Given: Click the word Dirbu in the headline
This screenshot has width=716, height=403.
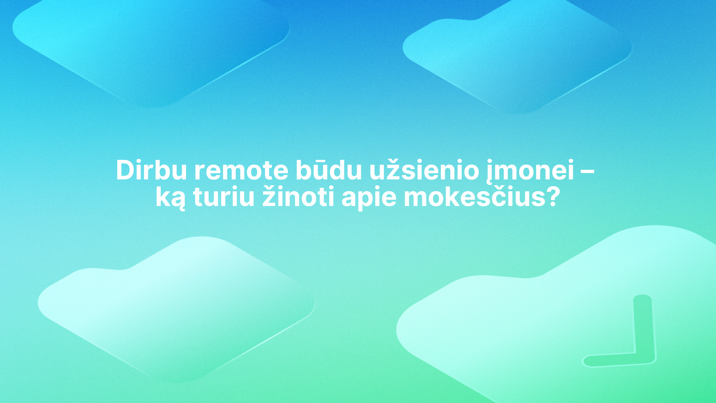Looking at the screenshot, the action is point(151,170).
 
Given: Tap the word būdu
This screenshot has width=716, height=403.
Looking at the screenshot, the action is point(328,170).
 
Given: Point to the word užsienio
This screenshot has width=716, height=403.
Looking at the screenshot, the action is point(424,170).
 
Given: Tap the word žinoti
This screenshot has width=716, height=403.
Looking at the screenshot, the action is point(298,196).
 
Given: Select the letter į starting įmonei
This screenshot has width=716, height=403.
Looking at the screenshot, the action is point(490,172).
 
